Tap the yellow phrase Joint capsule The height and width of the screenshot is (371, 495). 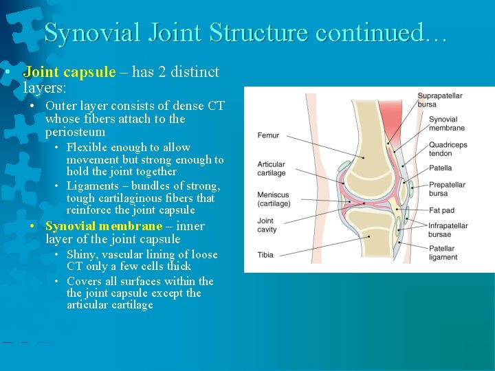click(x=69, y=72)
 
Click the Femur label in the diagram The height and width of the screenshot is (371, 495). click(x=268, y=135)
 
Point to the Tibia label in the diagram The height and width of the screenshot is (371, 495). click(x=265, y=255)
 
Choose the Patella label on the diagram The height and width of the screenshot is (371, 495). click(x=440, y=168)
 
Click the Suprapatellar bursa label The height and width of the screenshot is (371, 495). click(x=439, y=100)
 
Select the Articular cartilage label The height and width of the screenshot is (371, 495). click(x=271, y=169)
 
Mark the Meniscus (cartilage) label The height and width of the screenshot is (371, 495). click(x=274, y=199)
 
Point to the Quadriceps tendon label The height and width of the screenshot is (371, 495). click(x=448, y=149)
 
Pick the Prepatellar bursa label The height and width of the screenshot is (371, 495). click(x=447, y=189)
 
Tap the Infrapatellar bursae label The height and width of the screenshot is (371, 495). click(x=448, y=230)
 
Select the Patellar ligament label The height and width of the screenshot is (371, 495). click(x=443, y=253)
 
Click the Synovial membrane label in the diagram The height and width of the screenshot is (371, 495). click(x=446, y=124)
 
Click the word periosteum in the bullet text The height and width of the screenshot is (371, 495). click(x=75, y=132)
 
